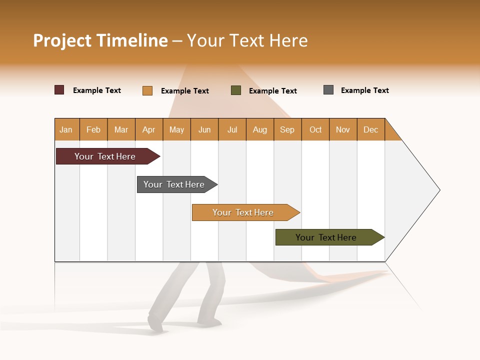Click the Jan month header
[x=66, y=129]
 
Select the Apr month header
[x=149, y=129]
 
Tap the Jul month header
[x=232, y=129]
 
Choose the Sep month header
[x=287, y=129]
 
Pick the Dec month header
[x=371, y=129]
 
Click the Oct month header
[x=315, y=129]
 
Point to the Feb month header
[x=93, y=129]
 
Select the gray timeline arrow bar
[x=175, y=184]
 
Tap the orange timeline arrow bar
[x=244, y=212]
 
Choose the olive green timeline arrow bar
[x=327, y=237]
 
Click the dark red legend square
[x=59, y=90]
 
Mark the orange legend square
[x=147, y=90]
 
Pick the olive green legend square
[x=236, y=90]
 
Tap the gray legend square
[x=328, y=90]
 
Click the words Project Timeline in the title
[x=100, y=40]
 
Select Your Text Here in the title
[x=247, y=40]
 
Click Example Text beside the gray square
[x=364, y=90]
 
